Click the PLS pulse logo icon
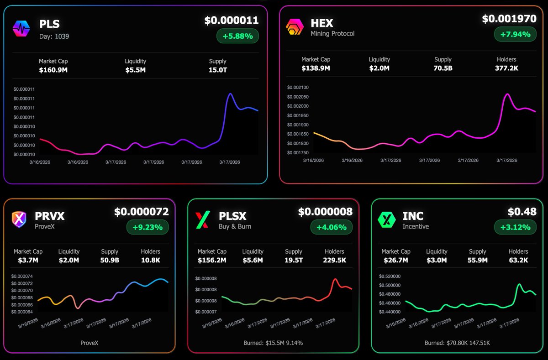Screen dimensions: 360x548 tap(21, 29)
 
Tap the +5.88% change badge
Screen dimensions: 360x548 tap(237, 36)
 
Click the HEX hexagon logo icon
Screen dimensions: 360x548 tap(295, 27)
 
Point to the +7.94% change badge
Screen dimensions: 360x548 tap(515, 34)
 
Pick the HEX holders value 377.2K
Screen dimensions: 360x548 tap(506, 68)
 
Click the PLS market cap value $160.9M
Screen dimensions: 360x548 tap(53, 70)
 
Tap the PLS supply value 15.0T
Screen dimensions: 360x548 tap(218, 70)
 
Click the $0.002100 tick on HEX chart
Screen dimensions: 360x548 tap(298, 88)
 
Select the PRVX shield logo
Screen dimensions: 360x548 tap(20, 219)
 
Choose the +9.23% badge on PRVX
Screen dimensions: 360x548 tap(148, 227)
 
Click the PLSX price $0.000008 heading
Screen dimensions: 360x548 tap(325, 212)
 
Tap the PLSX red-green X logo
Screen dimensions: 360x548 tap(202, 220)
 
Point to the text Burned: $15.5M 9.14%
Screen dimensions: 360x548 tap(274, 343)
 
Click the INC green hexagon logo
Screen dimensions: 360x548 tap(386, 219)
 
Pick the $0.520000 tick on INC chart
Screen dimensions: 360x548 tap(390, 277)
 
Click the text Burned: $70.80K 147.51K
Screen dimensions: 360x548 tap(457, 343)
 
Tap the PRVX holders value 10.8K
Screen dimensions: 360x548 tap(150, 260)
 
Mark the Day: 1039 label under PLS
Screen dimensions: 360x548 tap(54, 36)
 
